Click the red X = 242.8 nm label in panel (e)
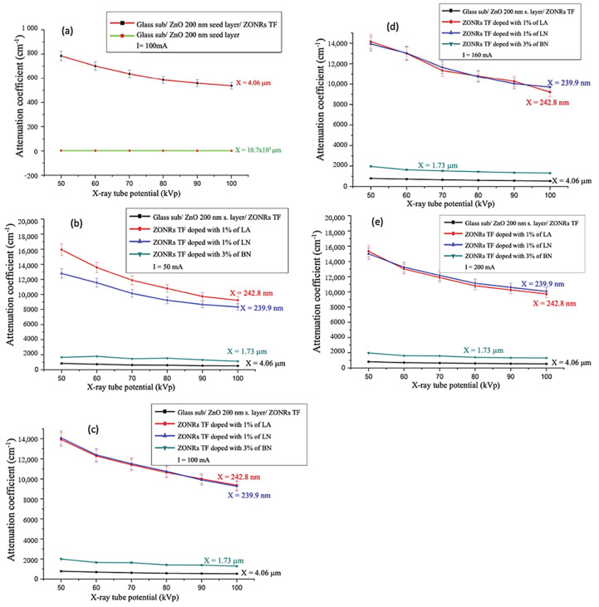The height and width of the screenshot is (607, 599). click(x=549, y=303)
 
